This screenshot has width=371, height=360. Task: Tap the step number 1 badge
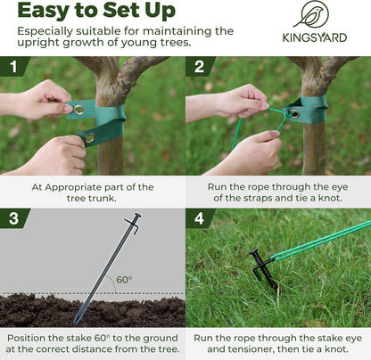pyautogui.click(x=12, y=67)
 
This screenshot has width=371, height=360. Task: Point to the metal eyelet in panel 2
pyautogui.click(x=292, y=116)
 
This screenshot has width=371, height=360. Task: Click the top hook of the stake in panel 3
pyautogui.click(x=133, y=219)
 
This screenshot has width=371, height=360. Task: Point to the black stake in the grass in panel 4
pyautogui.click(x=262, y=269)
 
